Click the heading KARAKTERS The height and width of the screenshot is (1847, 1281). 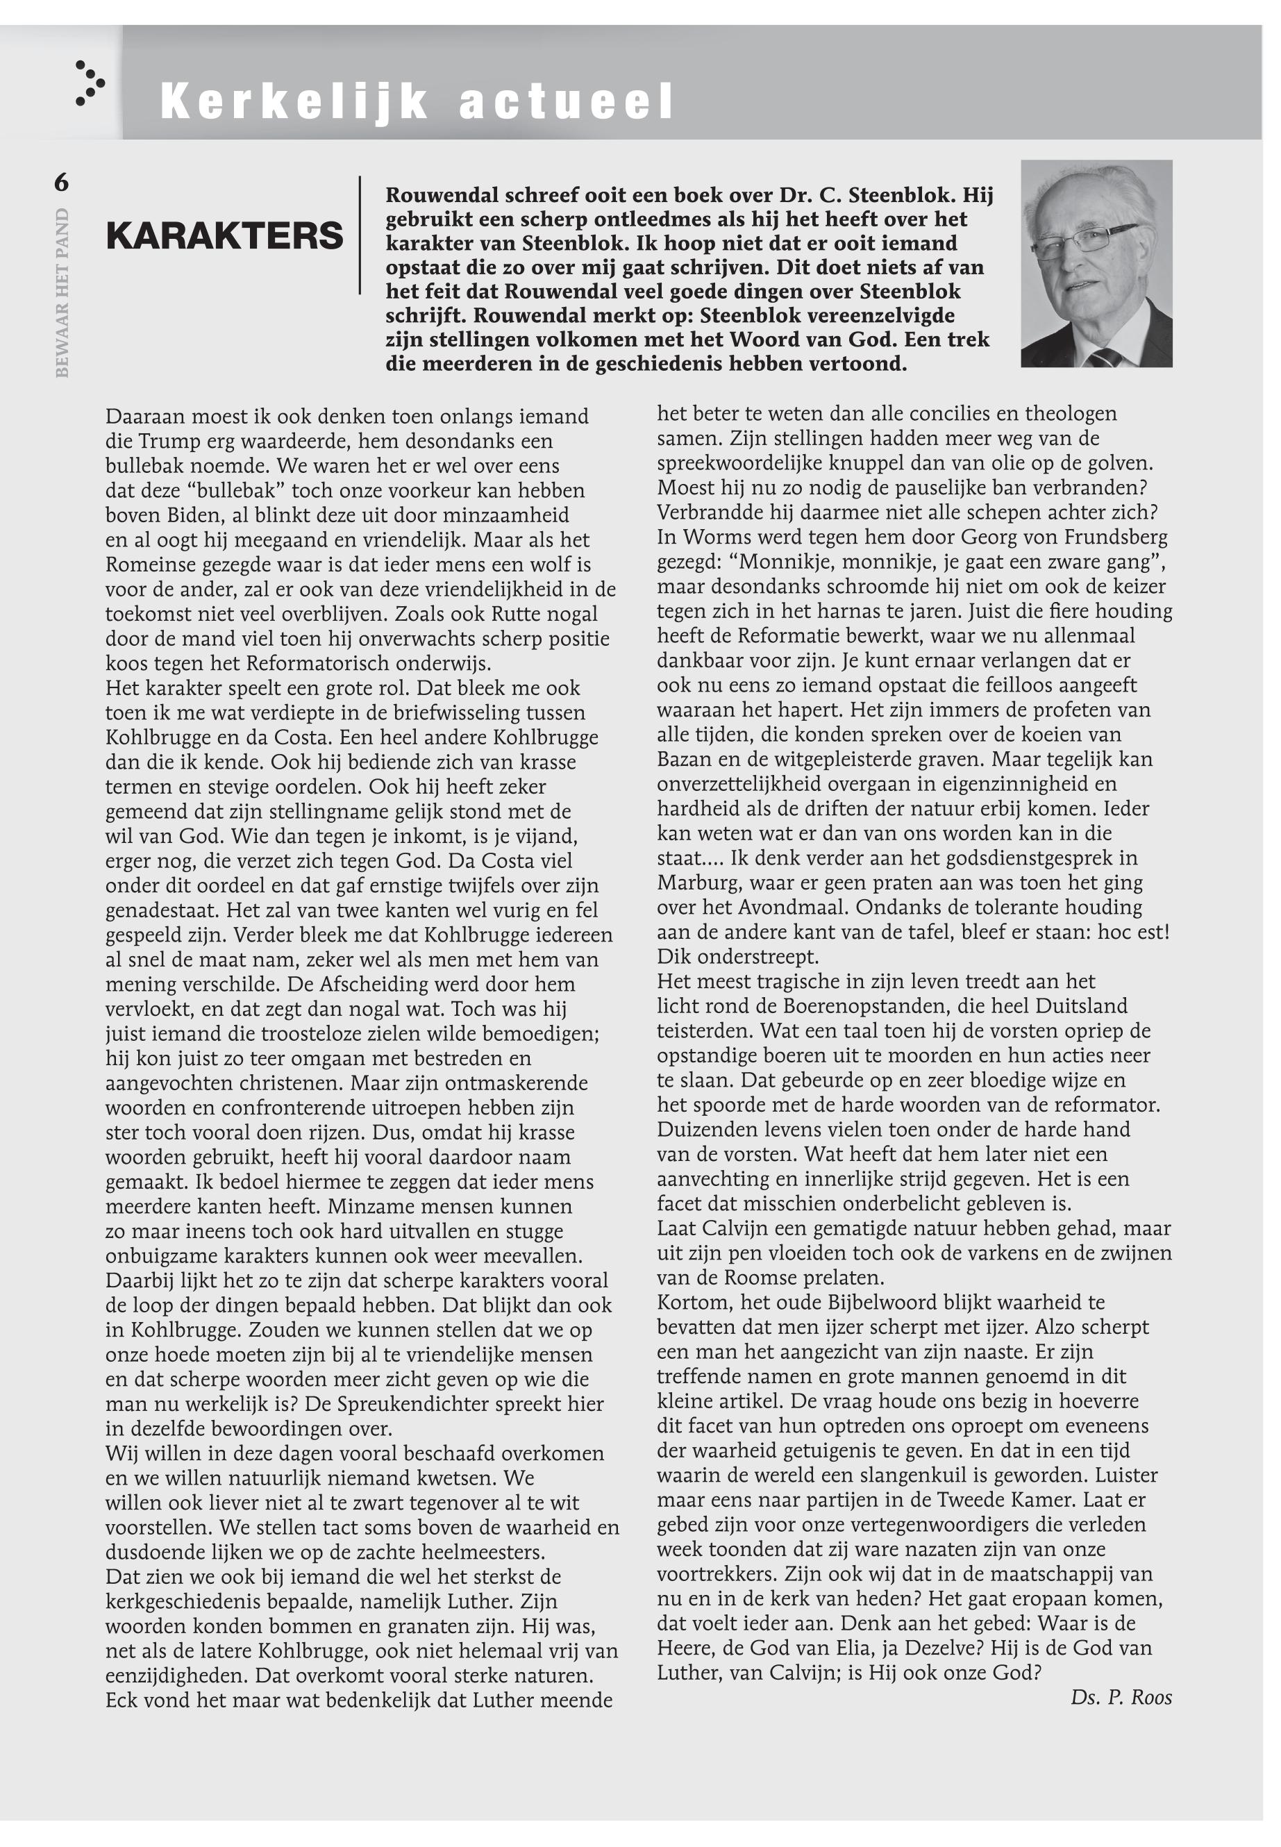click(x=224, y=236)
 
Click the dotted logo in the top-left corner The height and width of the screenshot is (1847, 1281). click(x=89, y=83)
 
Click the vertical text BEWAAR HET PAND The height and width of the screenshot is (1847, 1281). click(x=62, y=293)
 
